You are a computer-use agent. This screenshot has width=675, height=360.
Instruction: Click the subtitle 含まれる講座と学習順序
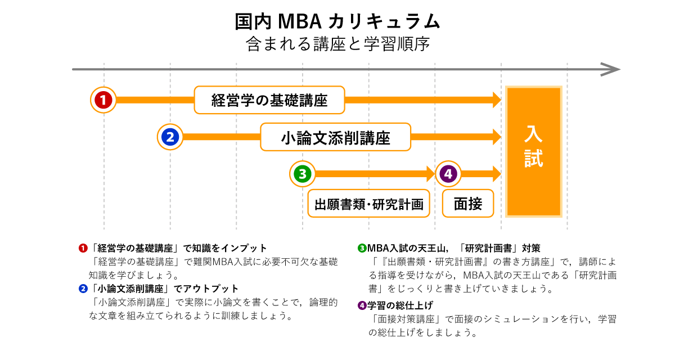(x=337, y=44)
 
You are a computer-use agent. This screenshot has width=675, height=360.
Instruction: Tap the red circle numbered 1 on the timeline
(x=103, y=100)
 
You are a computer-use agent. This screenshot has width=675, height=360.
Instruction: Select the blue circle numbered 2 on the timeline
(x=170, y=137)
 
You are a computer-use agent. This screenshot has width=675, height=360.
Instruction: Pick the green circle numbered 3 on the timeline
(x=302, y=174)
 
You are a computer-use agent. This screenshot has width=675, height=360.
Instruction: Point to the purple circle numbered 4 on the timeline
(x=448, y=174)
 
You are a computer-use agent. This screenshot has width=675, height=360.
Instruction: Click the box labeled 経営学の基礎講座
(x=269, y=100)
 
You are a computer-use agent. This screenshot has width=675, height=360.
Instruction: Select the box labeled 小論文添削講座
(x=335, y=137)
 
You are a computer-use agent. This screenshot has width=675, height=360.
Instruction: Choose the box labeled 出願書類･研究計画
(x=368, y=204)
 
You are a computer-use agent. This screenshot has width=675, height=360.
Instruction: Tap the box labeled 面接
(x=467, y=204)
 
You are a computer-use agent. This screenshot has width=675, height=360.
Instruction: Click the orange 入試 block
(x=533, y=151)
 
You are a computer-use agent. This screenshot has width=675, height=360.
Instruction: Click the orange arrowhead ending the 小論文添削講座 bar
(x=497, y=137)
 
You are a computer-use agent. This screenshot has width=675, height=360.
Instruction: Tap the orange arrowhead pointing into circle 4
(x=431, y=174)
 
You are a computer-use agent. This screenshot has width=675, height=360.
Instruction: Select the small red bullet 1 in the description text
(x=83, y=248)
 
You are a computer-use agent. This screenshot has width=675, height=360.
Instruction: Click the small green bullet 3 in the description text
(x=362, y=248)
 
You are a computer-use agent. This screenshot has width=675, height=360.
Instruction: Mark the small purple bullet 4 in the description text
(x=362, y=306)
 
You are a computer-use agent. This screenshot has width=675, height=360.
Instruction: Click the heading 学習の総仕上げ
(x=400, y=306)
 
